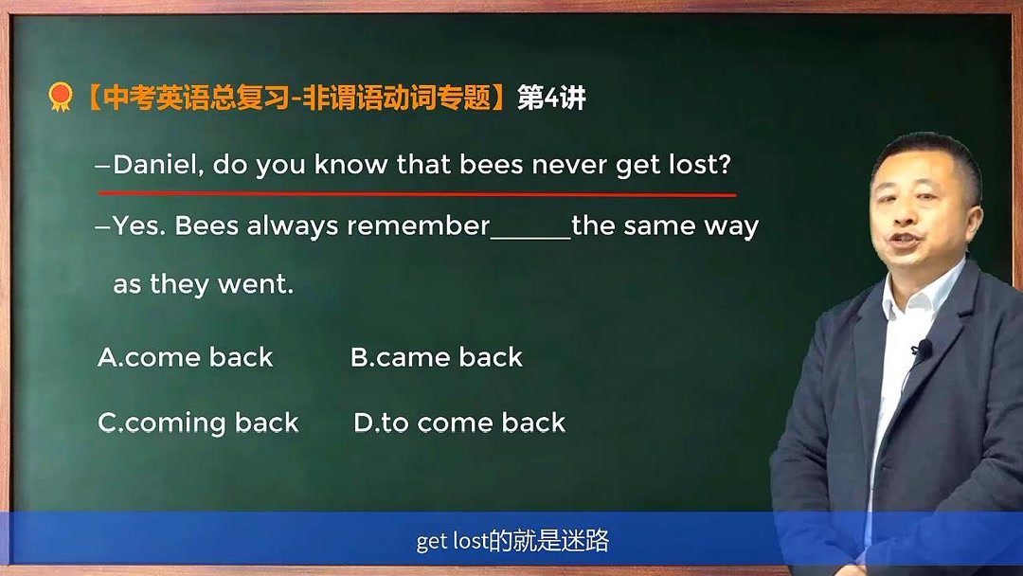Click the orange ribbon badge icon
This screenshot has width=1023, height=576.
click(61, 97)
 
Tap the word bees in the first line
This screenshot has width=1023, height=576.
click(491, 165)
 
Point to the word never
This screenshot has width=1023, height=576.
click(568, 165)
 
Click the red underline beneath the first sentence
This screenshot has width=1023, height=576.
click(417, 193)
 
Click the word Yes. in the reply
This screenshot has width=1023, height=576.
click(139, 226)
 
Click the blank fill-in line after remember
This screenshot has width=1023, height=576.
click(530, 237)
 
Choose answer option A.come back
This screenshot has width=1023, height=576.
click(186, 357)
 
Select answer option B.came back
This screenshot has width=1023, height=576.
click(437, 357)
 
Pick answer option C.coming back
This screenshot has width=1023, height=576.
click(198, 423)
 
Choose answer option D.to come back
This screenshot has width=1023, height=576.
click(459, 423)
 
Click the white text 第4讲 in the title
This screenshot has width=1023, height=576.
click(552, 98)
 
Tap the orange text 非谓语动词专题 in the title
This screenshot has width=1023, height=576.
click(397, 98)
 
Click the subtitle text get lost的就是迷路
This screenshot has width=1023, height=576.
click(511, 541)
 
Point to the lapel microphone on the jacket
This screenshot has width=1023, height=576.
click(921, 351)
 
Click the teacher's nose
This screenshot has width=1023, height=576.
click(906, 215)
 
